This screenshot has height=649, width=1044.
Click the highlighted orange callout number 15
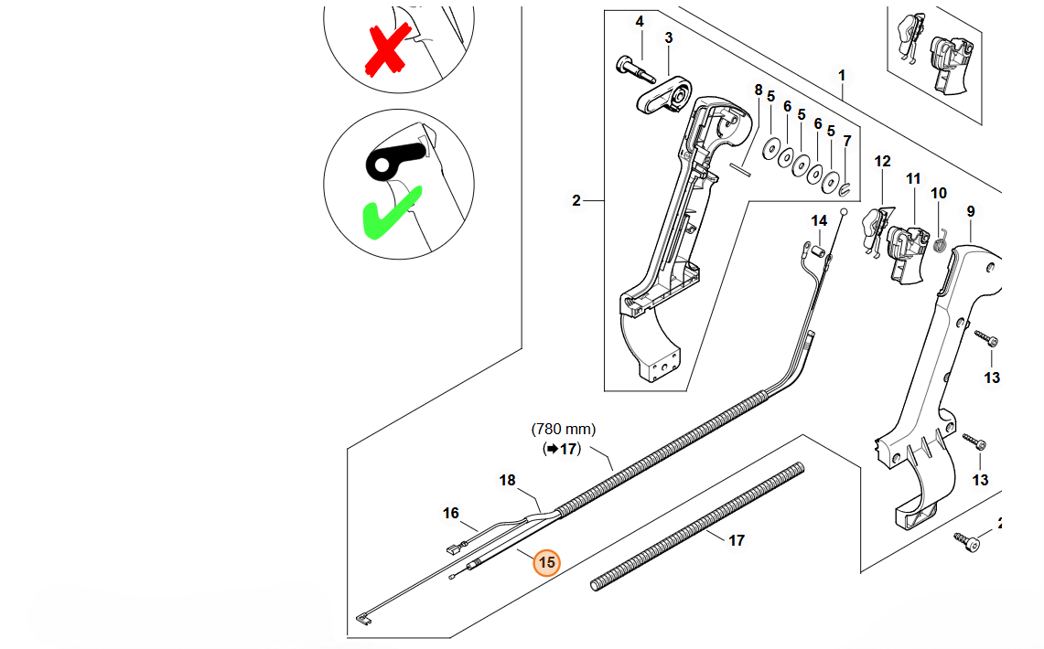tap(546, 563)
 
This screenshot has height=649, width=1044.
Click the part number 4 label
tap(640, 21)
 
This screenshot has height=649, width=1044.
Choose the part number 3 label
tap(669, 37)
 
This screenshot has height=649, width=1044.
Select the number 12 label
tap(882, 161)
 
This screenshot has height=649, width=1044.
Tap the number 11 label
tap(913, 179)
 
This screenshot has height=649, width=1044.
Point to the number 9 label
tap(971, 211)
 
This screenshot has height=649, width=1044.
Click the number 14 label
tap(819, 220)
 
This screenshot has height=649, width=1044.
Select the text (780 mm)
tap(563, 428)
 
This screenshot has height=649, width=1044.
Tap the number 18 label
tap(507, 480)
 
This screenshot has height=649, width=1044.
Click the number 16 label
tap(450, 514)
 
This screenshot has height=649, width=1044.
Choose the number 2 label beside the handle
tap(576, 200)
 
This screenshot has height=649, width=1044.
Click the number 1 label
tap(842, 74)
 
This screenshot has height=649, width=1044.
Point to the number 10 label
tap(939, 193)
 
